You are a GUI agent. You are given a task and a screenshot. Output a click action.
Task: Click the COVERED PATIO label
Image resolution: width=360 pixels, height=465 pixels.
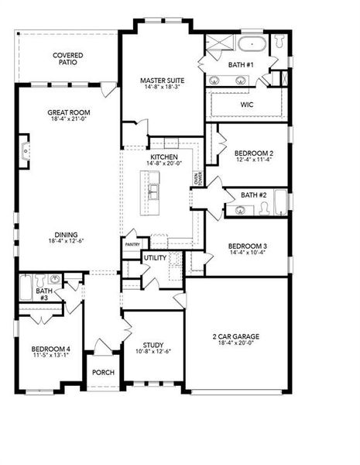click(x=68, y=59)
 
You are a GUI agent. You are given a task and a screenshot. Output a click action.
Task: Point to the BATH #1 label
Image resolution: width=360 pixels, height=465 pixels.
click(x=240, y=64)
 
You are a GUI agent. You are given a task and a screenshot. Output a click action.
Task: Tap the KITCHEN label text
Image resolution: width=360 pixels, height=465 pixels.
click(x=164, y=156)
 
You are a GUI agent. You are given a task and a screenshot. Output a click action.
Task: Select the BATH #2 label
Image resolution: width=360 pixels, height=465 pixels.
click(x=253, y=195)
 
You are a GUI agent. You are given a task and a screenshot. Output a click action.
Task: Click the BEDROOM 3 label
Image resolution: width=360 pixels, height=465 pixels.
click(x=247, y=245)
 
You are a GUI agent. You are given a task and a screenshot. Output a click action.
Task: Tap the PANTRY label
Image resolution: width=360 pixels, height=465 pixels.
click(x=132, y=245)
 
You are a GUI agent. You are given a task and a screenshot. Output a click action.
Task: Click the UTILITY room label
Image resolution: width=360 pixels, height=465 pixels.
click(x=154, y=257)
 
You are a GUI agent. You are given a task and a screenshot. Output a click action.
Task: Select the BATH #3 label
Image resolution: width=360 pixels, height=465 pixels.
click(x=43, y=293)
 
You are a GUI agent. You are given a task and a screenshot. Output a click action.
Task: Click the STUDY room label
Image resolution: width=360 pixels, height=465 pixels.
click(x=153, y=346)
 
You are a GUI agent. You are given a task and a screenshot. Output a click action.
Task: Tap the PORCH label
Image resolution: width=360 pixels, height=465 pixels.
click(x=103, y=373)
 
